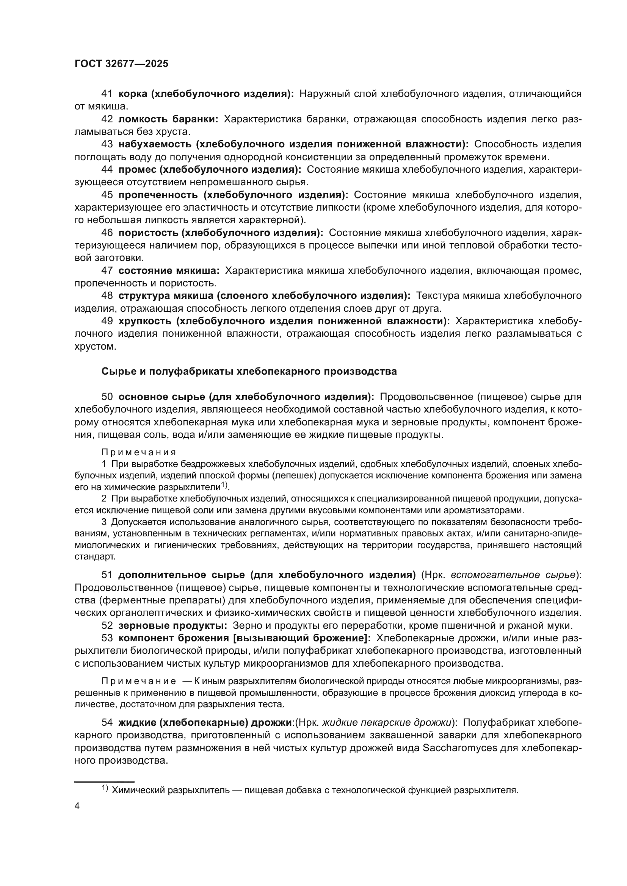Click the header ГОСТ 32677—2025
[x=121, y=64]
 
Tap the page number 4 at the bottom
[x=77, y=806]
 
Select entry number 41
[x=107, y=94]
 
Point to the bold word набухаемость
[x=154, y=144]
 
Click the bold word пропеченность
[x=158, y=195]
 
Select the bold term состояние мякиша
[x=169, y=271]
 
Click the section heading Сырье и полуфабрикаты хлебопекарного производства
[x=249, y=372]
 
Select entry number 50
[x=107, y=397]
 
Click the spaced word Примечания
[x=139, y=452]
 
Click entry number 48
[x=107, y=296]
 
